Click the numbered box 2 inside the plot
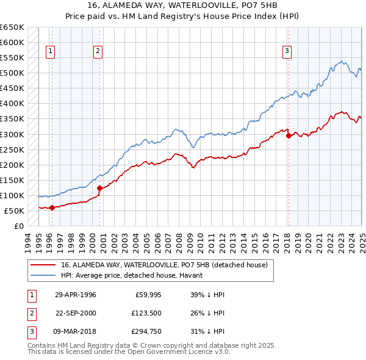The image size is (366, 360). pyautogui.click(x=98, y=52)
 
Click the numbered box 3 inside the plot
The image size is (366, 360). pyautogui.click(x=286, y=52)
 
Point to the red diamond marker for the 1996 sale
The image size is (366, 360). pyautogui.click(x=52, y=207)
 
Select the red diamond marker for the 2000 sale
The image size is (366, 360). pyautogui.click(x=99, y=188)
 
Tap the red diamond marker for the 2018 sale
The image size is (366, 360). pyautogui.click(x=289, y=136)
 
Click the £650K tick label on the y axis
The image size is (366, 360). pyautogui.click(x=12, y=27)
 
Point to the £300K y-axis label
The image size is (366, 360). pyautogui.click(x=12, y=134)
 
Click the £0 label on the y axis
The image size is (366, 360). pyautogui.click(x=18, y=226)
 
